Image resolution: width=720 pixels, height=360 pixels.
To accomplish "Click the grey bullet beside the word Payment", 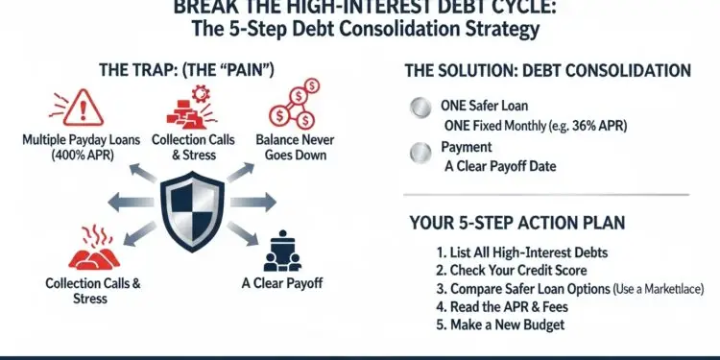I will point(418,151).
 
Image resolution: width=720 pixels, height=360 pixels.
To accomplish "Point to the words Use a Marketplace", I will point(662,289).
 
